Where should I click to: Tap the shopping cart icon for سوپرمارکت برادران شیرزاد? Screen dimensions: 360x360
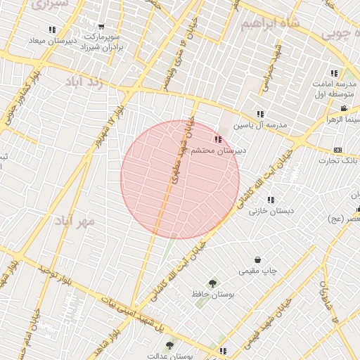103,27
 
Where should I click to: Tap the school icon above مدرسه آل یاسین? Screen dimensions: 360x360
260,114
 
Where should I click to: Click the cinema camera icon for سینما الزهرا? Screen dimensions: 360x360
343,108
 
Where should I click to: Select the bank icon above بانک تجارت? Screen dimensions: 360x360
338,150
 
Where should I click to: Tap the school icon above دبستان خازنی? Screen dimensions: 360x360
271,200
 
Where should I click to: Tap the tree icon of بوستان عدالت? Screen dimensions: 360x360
169,345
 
